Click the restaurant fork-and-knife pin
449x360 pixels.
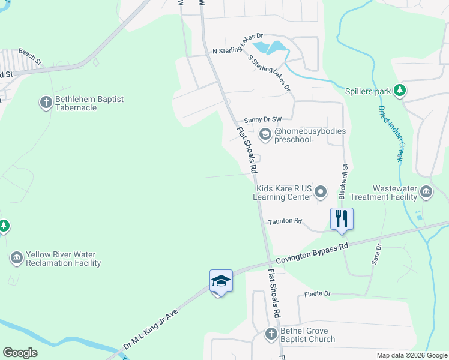(x=342, y=218)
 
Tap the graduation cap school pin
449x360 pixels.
(x=220, y=281)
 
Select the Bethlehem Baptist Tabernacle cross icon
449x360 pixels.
(x=46, y=103)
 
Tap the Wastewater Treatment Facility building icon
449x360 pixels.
(x=426, y=192)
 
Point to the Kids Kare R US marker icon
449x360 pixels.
(x=321, y=192)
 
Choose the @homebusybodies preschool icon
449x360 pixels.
(x=265, y=136)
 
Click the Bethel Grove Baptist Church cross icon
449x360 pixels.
(x=271, y=334)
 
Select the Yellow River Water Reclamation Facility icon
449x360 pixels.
(x=16, y=259)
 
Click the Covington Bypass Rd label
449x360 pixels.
(x=312, y=254)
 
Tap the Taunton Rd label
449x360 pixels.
(x=285, y=221)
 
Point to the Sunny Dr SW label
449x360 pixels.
(x=262, y=120)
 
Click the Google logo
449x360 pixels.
(x=20, y=353)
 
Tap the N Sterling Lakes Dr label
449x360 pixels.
(x=238, y=44)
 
